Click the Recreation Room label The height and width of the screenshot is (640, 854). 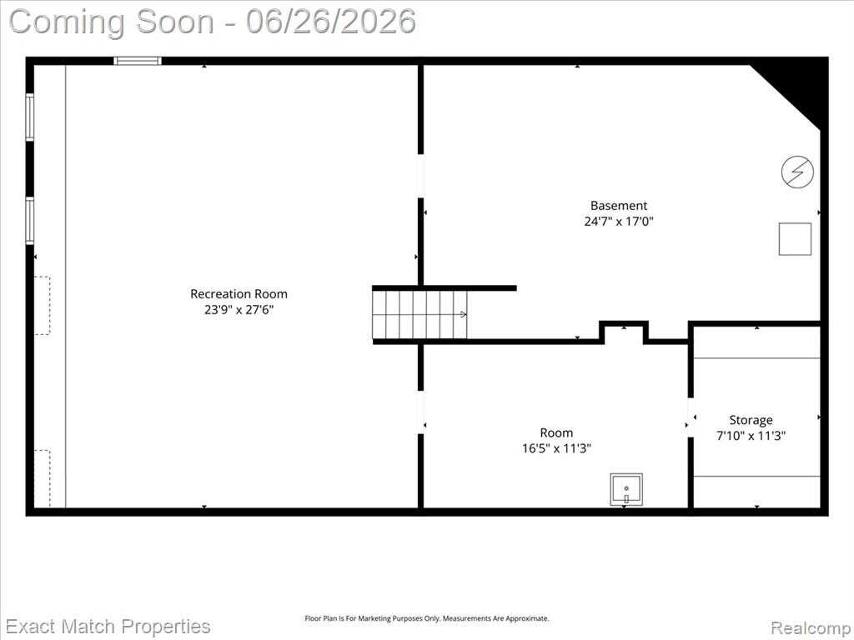(x=239, y=294)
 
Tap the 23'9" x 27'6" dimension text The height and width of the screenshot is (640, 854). (x=239, y=310)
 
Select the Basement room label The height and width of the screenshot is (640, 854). (x=619, y=206)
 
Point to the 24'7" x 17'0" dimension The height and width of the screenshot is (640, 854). (x=619, y=222)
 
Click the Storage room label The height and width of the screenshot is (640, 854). (x=751, y=420)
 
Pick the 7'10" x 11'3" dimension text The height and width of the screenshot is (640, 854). (x=751, y=436)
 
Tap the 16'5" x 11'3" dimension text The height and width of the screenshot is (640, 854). (x=556, y=448)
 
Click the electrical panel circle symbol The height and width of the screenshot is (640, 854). (x=797, y=172)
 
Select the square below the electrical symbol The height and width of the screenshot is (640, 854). (x=795, y=239)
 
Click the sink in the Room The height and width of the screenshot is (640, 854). (x=626, y=490)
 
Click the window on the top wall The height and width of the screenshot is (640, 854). (x=138, y=61)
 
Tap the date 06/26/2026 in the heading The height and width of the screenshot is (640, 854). (x=330, y=22)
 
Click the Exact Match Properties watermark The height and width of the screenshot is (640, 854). (x=108, y=627)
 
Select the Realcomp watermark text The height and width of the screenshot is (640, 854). (x=811, y=628)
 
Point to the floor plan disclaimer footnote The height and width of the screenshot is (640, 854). (x=426, y=618)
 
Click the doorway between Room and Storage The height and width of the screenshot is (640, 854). (x=691, y=417)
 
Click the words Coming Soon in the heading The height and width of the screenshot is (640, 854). (x=112, y=22)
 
